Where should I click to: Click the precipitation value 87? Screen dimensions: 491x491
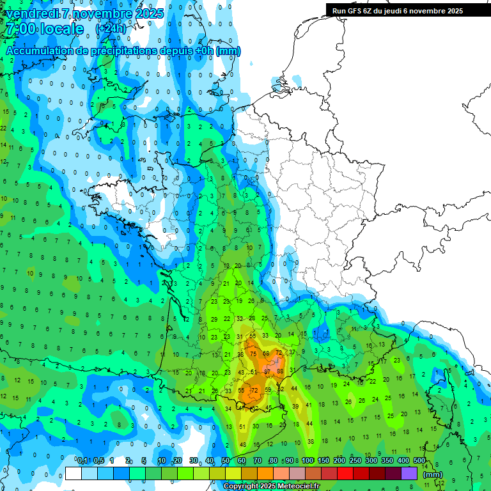tap(267, 371)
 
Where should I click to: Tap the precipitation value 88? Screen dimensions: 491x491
tap(280, 371)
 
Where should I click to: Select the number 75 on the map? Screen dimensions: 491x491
tap(253, 354)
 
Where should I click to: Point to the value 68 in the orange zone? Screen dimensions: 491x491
tap(266, 354)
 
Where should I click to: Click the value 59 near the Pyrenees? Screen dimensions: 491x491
tap(269, 390)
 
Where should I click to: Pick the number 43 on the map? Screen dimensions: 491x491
tap(241, 372)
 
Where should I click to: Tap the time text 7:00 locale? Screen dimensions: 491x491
tap(44, 29)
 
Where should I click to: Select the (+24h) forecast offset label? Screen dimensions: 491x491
tap(111, 29)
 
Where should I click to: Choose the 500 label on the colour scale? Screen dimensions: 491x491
tap(419, 461)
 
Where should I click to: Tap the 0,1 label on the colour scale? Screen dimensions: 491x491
tap(82, 461)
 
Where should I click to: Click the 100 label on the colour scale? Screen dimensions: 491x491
tap(308, 461)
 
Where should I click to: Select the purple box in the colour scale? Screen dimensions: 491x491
tap(409, 473)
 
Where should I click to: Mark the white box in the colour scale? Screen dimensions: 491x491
tap(74, 473)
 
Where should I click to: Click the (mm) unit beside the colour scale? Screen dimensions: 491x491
tap(433, 474)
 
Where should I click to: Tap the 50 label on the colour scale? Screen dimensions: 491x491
tap(226, 461)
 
